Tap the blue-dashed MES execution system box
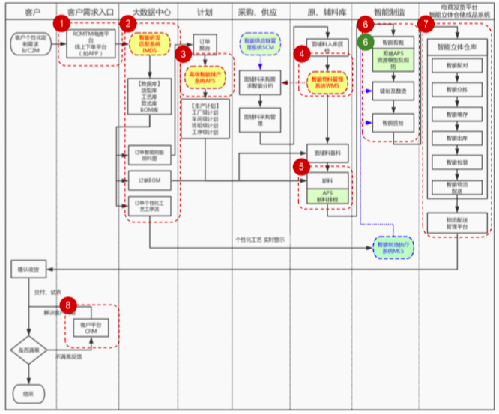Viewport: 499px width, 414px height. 393,248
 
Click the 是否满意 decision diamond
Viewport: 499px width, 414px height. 28,350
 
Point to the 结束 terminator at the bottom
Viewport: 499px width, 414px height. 28,393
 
